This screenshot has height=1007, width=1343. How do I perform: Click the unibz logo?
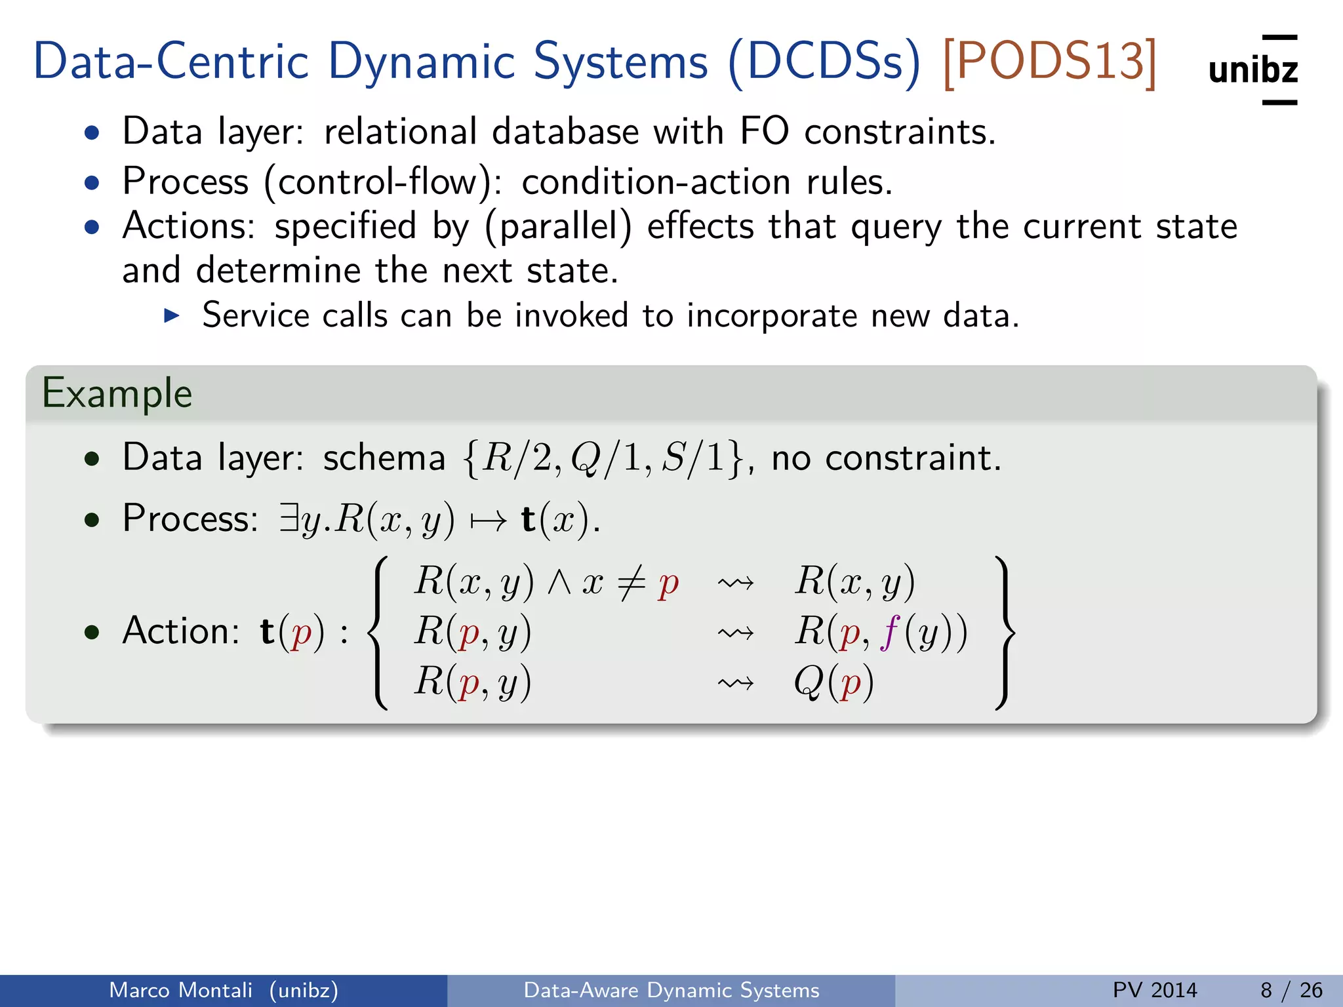point(1253,69)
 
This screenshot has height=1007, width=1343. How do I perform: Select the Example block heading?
point(117,393)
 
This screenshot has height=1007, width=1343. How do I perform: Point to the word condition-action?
point(656,182)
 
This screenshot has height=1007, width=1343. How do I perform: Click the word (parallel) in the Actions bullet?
point(558,226)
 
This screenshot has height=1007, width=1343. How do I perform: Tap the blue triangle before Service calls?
point(172,316)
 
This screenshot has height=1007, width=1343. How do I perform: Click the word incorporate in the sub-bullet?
point(772,316)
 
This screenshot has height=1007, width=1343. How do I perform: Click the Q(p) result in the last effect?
point(833,682)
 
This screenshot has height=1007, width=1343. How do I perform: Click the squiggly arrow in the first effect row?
point(735,583)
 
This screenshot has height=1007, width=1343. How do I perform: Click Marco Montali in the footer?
point(180,990)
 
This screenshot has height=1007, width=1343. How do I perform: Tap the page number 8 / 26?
point(1291,990)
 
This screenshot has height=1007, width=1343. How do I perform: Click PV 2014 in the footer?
point(1155,990)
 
